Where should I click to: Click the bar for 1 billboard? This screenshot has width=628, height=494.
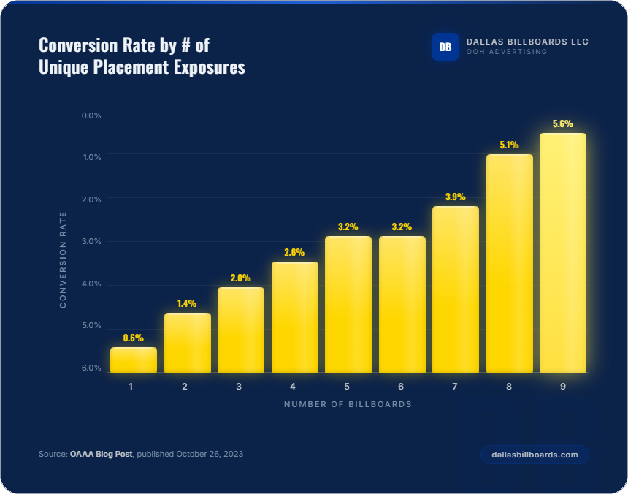click(134, 360)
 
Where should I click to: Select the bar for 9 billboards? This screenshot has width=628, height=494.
click(562, 253)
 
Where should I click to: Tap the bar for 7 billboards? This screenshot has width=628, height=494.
click(455, 289)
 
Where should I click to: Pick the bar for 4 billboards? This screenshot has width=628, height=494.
click(295, 317)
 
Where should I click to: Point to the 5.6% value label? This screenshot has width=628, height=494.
click(562, 123)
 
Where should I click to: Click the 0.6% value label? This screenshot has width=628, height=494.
click(134, 338)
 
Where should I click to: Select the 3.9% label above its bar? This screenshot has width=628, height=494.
click(455, 197)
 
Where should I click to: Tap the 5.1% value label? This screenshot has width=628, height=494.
click(509, 145)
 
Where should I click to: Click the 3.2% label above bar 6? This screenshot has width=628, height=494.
click(402, 227)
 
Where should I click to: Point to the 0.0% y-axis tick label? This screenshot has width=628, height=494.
click(91, 115)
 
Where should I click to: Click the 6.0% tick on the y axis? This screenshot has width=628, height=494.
click(91, 368)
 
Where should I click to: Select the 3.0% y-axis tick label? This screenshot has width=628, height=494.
click(91, 241)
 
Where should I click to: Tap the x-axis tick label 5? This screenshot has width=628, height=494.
click(347, 386)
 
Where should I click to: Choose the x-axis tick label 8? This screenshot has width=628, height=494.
click(508, 386)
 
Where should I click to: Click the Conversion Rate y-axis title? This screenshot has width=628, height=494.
click(64, 259)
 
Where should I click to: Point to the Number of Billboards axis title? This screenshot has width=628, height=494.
click(348, 404)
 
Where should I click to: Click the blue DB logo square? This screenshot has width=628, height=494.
click(445, 47)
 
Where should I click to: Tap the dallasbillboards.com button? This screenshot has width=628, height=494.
click(535, 455)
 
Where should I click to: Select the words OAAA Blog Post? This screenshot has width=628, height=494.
click(102, 454)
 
